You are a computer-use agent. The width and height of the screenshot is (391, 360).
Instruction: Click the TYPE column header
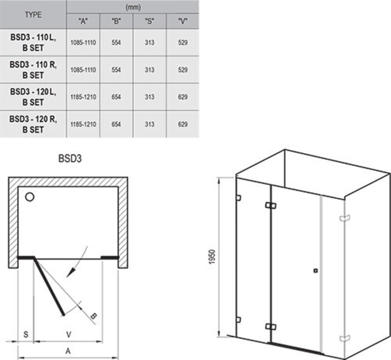33,15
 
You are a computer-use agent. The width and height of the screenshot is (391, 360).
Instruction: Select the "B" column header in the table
116,22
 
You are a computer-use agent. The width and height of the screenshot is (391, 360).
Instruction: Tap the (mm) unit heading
133,7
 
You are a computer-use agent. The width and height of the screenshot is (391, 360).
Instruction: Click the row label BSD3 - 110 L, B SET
33,42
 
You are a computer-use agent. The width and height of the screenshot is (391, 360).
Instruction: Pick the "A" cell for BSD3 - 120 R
83,124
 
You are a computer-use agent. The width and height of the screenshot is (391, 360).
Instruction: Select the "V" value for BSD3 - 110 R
183,70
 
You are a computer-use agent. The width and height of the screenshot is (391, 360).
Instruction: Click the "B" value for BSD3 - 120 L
116,97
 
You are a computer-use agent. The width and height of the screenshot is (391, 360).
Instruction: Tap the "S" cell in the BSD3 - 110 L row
150,42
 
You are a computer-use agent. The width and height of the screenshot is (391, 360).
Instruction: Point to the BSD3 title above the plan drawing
70,158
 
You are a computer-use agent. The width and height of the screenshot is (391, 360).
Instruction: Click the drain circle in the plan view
30,197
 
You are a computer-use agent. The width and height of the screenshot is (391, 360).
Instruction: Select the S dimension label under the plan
26,334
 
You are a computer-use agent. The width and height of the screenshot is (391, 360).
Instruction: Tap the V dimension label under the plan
68,334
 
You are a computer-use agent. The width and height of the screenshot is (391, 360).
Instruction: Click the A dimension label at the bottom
68,351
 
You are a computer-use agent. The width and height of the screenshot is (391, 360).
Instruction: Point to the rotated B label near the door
93,316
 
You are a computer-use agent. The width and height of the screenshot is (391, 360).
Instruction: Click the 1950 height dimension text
212,257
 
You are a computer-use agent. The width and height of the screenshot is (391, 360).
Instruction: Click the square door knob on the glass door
316,270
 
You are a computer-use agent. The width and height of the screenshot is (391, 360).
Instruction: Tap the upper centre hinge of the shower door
271,205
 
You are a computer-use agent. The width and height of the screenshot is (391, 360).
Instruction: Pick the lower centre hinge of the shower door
271,327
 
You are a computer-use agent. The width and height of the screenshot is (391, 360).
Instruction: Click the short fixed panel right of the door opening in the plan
110,257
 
